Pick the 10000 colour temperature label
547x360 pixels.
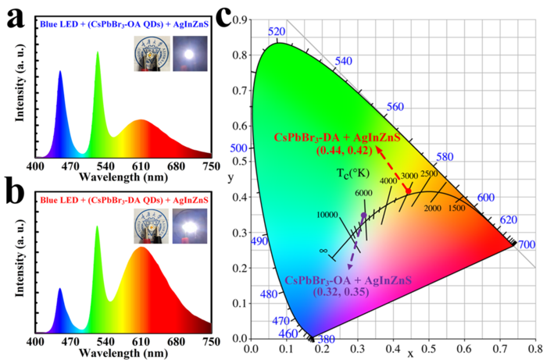click(327, 215)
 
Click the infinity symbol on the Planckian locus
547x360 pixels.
click(323, 251)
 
